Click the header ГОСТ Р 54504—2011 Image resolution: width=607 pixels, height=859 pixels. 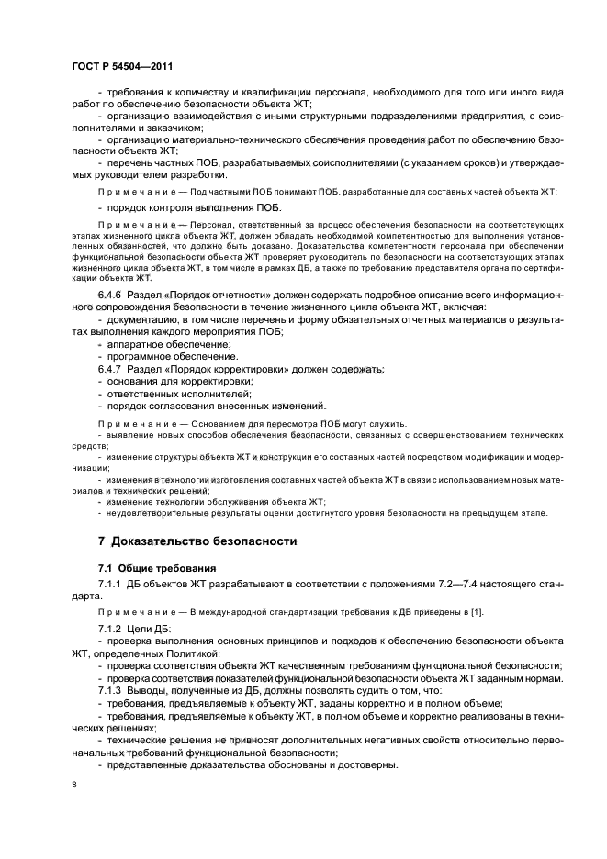(x=122, y=66)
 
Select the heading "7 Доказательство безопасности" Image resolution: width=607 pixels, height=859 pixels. (x=197, y=541)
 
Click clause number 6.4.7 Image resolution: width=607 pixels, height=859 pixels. (x=114, y=368)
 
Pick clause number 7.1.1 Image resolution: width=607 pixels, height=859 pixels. (x=114, y=584)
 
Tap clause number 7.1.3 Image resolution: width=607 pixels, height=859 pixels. (x=114, y=689)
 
